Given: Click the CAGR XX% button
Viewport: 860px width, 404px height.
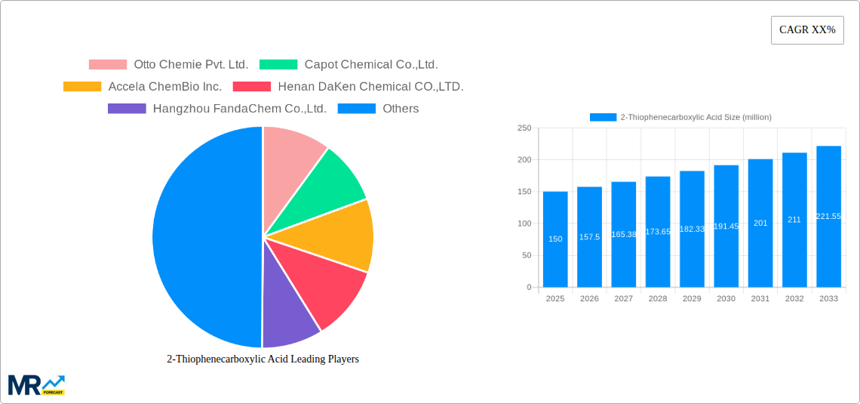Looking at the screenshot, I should tap(807, 30).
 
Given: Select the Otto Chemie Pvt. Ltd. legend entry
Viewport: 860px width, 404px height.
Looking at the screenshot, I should tap(168, 65).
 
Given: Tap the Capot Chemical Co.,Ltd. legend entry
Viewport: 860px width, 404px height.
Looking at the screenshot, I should tap(349, 65).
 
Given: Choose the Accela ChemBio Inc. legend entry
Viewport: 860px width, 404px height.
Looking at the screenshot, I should tap(143, 87).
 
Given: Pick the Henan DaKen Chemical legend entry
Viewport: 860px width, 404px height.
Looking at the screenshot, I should tap(349, 87).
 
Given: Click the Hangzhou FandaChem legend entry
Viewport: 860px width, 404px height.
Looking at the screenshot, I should tap(217, 109).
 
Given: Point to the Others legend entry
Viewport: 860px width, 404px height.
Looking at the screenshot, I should tap(379, 109).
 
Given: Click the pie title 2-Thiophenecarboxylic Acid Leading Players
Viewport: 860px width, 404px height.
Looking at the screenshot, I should tap(263, 359).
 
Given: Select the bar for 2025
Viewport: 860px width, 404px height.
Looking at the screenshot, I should tap(555, 239).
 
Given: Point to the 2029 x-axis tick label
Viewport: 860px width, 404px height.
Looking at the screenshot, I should tap(692, 299).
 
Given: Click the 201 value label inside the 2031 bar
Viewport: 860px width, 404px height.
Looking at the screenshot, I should tap(760, 223).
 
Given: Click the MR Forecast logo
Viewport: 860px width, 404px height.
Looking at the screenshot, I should tap(36, 385).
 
